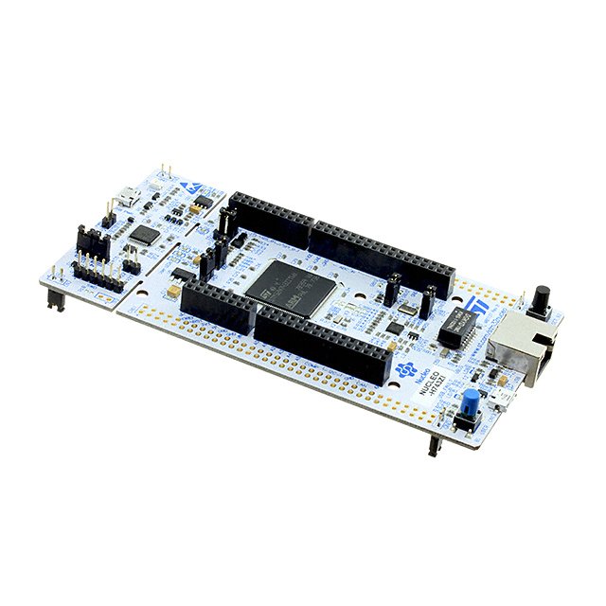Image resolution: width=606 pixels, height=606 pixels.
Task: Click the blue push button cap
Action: click(468, 397)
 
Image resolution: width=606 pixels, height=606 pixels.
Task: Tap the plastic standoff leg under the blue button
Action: click(434, 444)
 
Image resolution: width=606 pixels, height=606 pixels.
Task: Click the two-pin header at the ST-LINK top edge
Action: click(167, 174)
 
